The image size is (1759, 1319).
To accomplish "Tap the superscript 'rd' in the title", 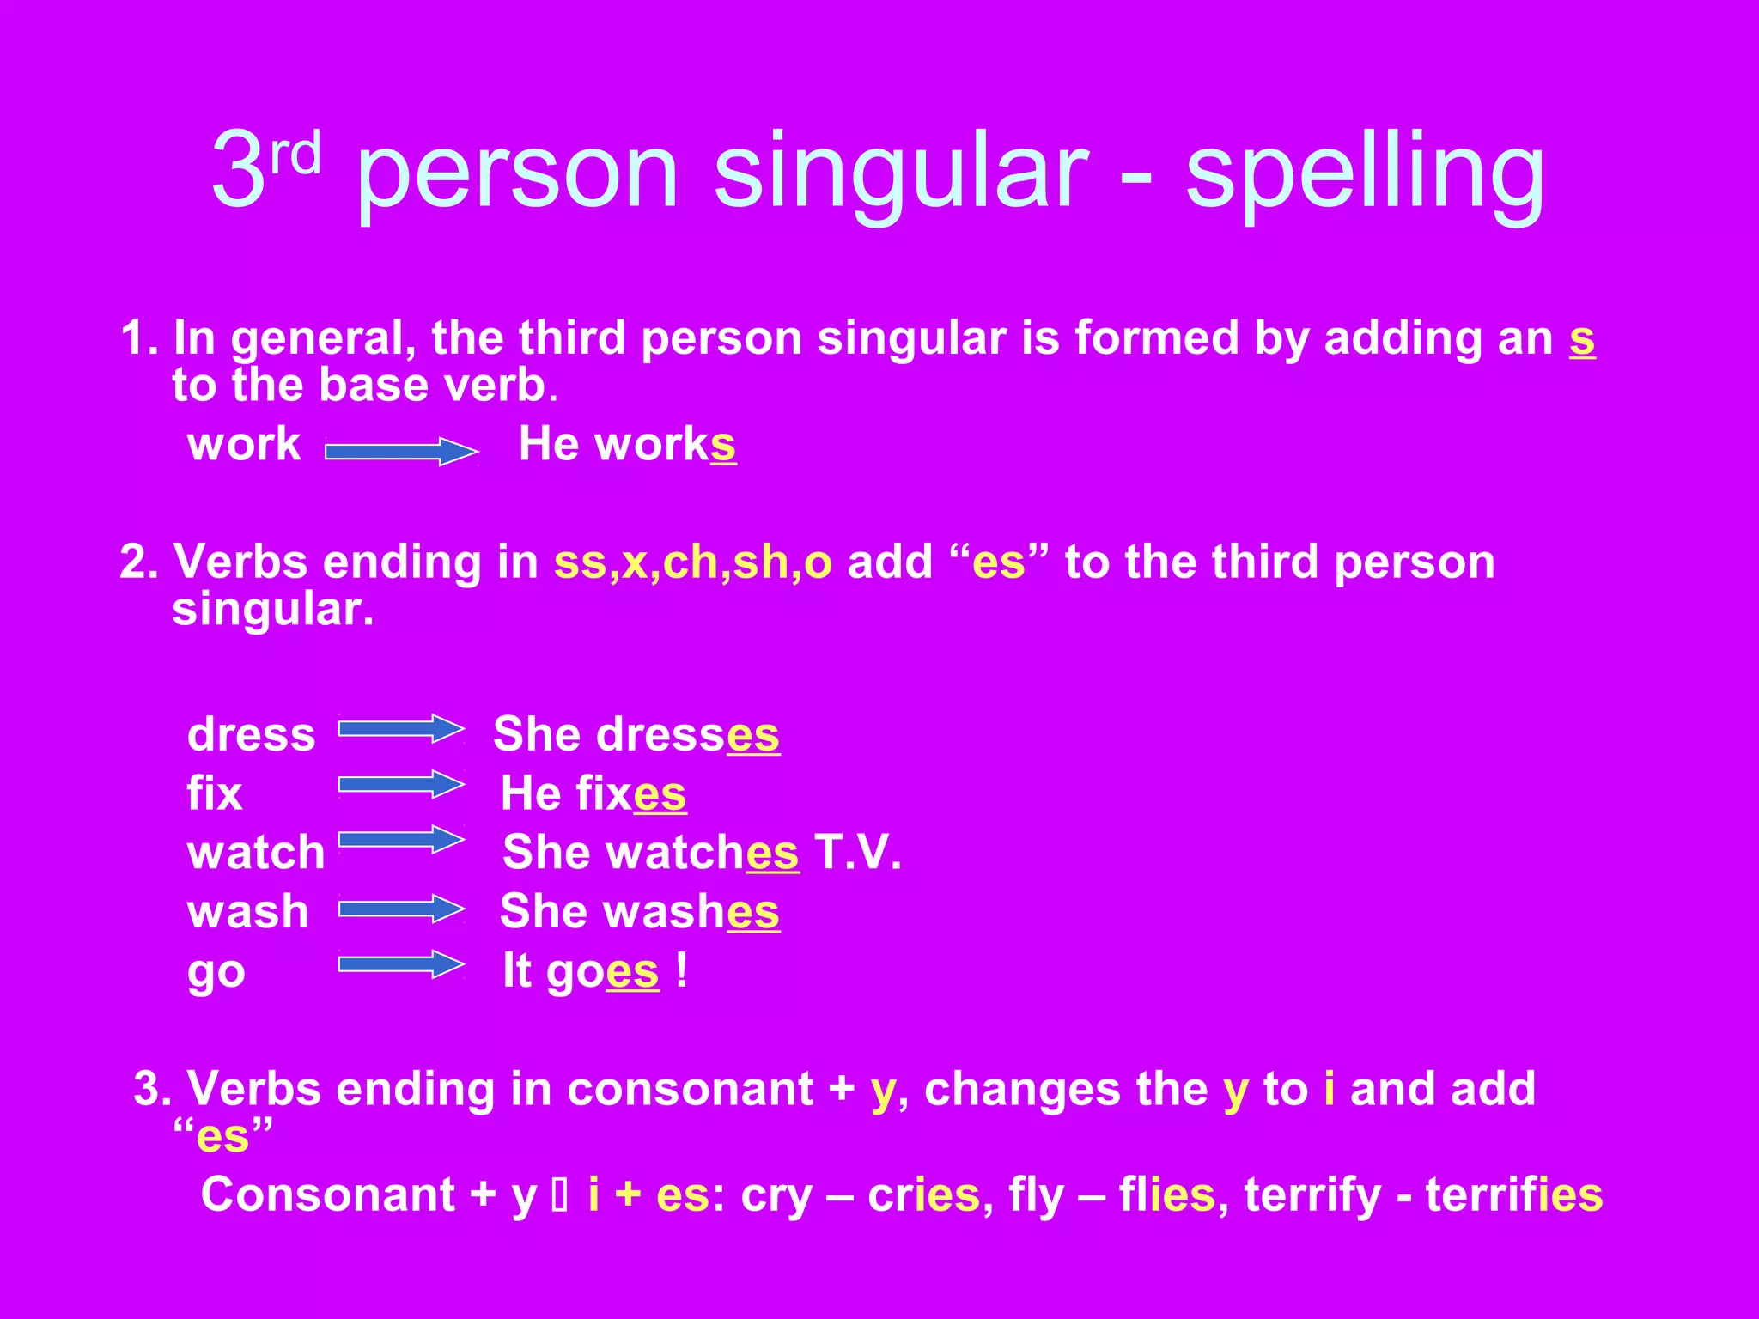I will pyautogui.click(x=295, y=152).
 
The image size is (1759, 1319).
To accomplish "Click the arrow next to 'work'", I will pyautogui.click(x=401, y=451).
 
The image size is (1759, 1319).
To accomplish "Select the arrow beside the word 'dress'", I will pyautogui.click(x=401, y=729).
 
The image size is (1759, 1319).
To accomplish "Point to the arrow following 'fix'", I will pyautogui.click(x=401, y=784).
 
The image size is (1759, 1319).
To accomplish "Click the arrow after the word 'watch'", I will pyautogui.click(x=401, y=840).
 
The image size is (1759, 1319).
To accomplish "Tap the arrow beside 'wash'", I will pyautogui.click(x=401, y=909).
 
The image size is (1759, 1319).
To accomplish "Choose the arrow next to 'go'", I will pyautogui.click(x=401, y=964).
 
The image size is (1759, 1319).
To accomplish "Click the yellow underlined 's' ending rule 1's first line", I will pyautogui.click(x=1582, y=340).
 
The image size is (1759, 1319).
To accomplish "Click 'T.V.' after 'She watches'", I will pyautogui.click(x=857, y=852).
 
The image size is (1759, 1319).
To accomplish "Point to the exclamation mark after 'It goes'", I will pyautogui.click(x=681, y=970).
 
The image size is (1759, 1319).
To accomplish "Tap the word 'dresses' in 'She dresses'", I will pyautogui.click(x=688, y=735).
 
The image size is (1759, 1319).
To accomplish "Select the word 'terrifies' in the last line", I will pyautogui.click(x=1513, y=1194).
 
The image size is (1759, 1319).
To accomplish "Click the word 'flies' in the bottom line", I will pyautogui.click(x=1167, y=1194).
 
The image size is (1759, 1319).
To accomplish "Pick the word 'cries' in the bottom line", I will pyautogui.click(x=923, y=1194).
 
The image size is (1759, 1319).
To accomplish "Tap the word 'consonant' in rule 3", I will pyautogui.click(x=690, y=1089).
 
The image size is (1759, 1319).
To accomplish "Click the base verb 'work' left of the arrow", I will pyautogui.click(x=244, y=445).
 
